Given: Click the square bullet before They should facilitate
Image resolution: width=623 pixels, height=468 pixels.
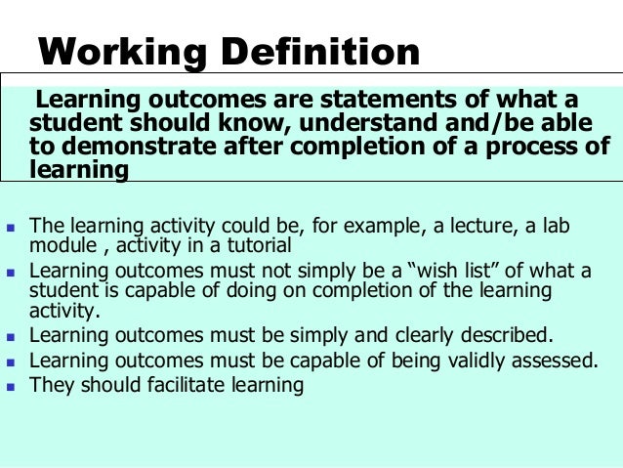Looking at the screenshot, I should [x=13, y=386].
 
